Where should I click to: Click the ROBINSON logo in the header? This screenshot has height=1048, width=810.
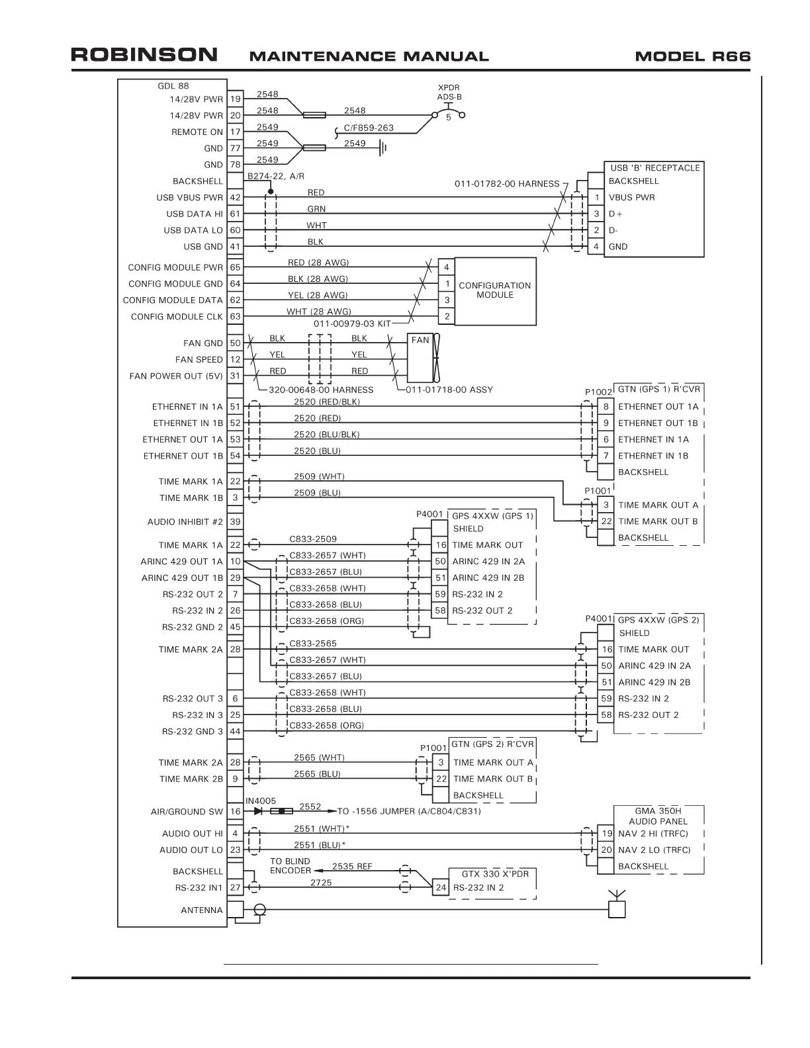tap(144, 55)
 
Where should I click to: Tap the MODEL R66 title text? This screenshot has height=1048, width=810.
tap(692, 56)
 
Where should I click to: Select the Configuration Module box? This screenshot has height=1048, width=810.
tap(494, 290)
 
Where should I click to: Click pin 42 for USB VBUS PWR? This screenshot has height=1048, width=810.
tap(235, 197)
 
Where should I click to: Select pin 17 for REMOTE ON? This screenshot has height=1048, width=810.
tap(235, 132)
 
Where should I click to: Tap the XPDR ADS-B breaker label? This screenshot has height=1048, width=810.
tap(449, 92)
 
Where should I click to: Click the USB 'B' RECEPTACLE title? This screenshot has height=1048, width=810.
tap(654, 168)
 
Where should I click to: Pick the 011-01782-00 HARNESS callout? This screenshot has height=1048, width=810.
tap(506, 184)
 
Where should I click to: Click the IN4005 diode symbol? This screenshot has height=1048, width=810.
tap(258, 811)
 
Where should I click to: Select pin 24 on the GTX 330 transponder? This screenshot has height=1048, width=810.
tap(440, 888)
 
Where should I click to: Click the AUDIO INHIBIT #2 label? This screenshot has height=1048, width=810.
tap(185, 522)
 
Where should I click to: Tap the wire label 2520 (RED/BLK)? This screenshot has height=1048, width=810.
tap(326, 402)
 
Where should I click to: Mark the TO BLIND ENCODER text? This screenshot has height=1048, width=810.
tap(290, 866)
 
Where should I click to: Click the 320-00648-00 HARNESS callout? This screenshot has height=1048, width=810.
tap(321, 390)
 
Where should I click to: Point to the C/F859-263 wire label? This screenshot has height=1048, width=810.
tap(369, 128)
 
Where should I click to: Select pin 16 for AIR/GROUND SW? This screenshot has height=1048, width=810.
tap(235, 811)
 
